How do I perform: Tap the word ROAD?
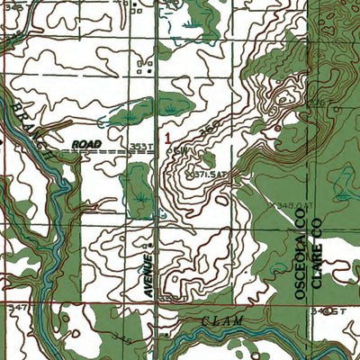[x=88, y=143]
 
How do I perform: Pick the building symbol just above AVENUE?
[x=149, y=244]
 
